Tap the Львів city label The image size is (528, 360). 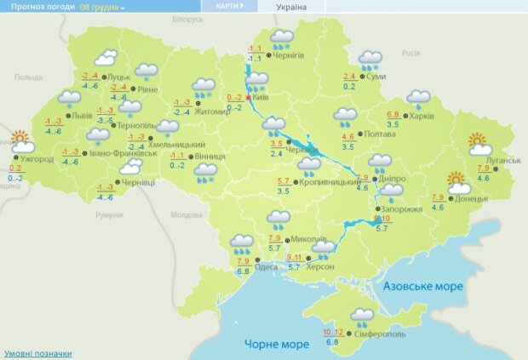tap(82, 114)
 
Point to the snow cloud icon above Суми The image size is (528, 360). tap(370, 60)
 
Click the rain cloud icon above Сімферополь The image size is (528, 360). tap(364, 317)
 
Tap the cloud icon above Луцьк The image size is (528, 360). tap(106, 58)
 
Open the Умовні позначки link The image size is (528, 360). tap(38, 353)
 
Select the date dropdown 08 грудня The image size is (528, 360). tap(102, 7)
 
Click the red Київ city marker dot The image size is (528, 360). tap(250, 99)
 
